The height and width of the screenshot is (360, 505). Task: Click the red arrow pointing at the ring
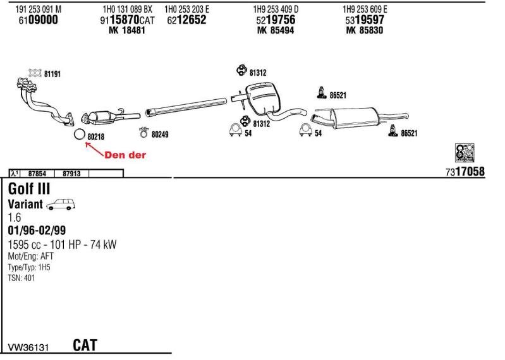click(x=93, y=148)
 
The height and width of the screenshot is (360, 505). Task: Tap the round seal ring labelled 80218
click(x=79, y=135)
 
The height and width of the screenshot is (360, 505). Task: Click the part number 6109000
click(x=38, y=20)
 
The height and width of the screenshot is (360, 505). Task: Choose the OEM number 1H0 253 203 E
click(x=186, y=9)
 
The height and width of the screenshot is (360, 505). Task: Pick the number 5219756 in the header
click(x=276, y=20)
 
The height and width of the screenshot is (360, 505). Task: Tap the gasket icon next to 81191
click(x=35, y=73)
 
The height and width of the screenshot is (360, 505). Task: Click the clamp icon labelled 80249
click(x=143, y=133)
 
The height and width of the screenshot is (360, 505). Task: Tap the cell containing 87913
click(x=71, y=173)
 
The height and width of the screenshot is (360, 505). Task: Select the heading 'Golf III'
click(x=29, y=189)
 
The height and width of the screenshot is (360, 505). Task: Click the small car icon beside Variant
click(x=61, y=204)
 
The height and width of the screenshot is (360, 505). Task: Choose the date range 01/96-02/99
click(x=37, y=231)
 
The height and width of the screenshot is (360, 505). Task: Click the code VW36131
click(x=28, y=347)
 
